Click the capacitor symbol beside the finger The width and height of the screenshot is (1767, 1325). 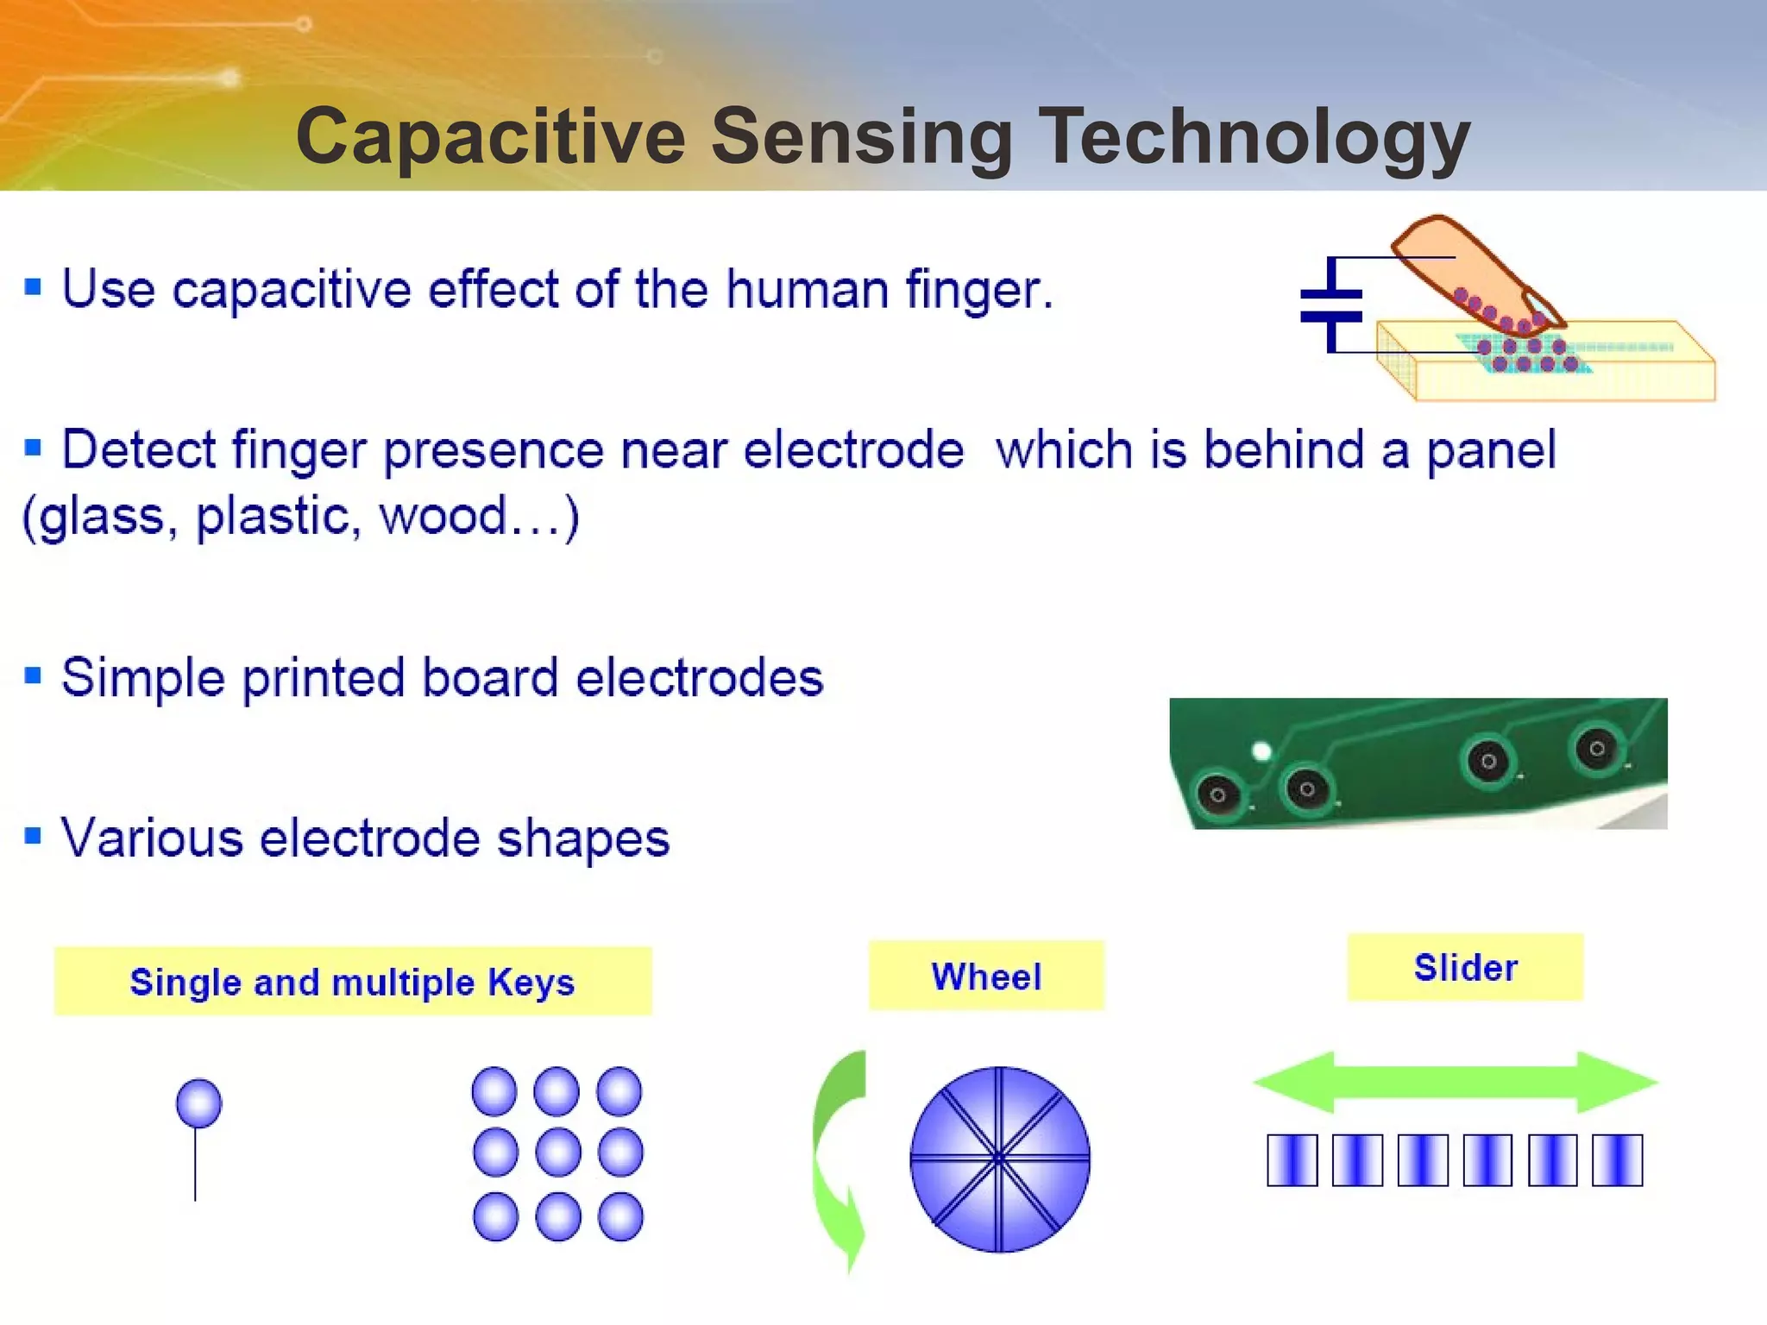[x=1331, y=305]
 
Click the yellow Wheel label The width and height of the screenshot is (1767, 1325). [x=986, y=976]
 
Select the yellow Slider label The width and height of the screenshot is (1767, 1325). [x=1465, y=967]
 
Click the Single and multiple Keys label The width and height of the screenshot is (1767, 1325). [x=352, y=982]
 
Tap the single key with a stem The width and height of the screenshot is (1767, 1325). [x=198, y=1103]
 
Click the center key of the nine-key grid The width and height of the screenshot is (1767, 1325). [x=558, y=1152]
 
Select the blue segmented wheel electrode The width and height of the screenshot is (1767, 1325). [x=1000, y=1159]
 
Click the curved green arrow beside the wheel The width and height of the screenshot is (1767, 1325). [x=839, y=1156]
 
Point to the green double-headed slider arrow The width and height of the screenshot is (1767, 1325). [x=1456, y=1082]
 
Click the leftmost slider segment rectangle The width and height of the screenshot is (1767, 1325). [x=1292, y=1160]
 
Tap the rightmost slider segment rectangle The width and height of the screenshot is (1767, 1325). [x=1617, y=1160]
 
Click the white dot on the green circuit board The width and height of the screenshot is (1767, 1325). [x=1261, y=751]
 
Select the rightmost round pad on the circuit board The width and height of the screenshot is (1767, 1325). [x=1596, y=748]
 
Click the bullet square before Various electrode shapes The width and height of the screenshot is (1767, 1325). [x=33, y=836]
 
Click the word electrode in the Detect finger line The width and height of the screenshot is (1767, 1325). [x=852, y=451]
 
